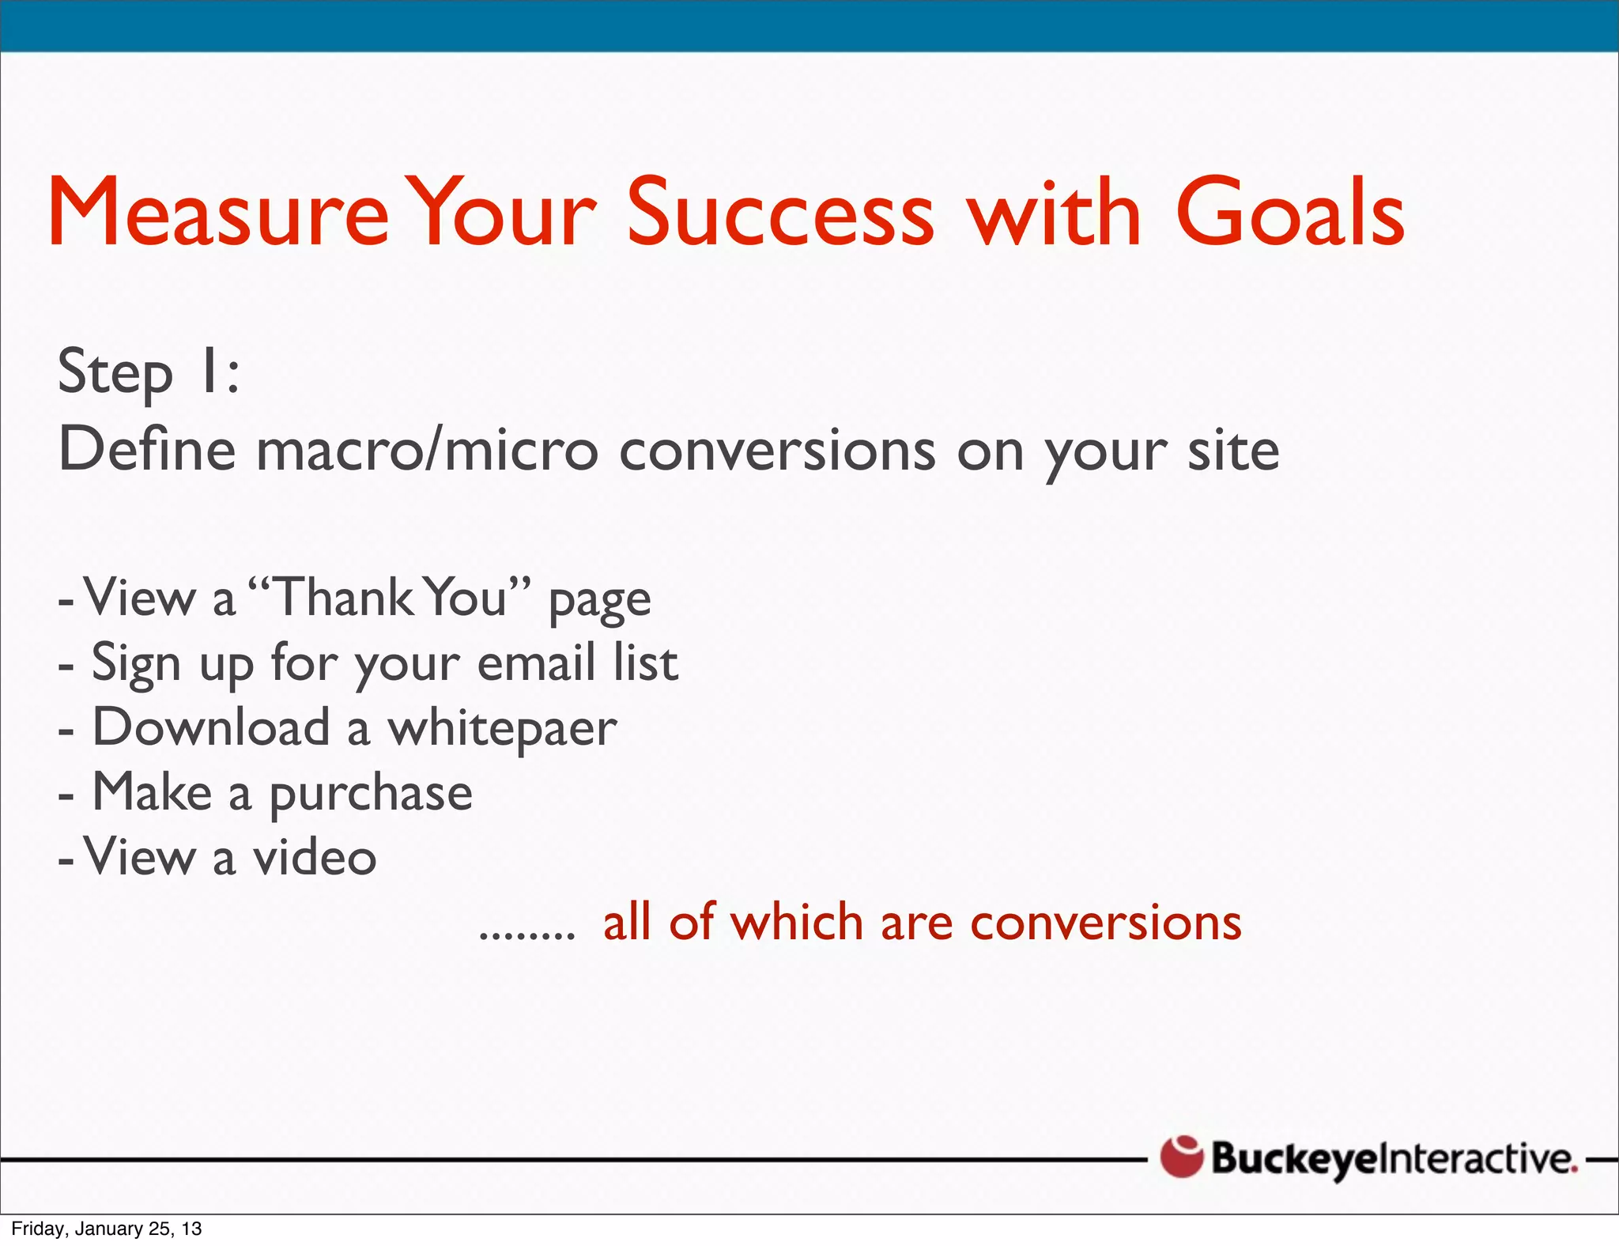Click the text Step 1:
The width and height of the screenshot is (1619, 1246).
coord(149,372)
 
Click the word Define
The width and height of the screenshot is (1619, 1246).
coord(147,449)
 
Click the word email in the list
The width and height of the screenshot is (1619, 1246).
coord(536,663)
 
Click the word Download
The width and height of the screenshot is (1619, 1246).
coord(211,727)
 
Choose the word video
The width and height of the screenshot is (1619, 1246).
coord(315,857)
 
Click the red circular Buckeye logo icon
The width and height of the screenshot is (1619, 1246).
coord(1181,1157)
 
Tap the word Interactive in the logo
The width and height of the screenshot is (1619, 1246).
coord(1479,1158)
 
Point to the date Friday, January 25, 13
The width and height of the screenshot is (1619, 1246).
coord(107,1229)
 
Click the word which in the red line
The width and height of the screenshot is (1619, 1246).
coord(796,922)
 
